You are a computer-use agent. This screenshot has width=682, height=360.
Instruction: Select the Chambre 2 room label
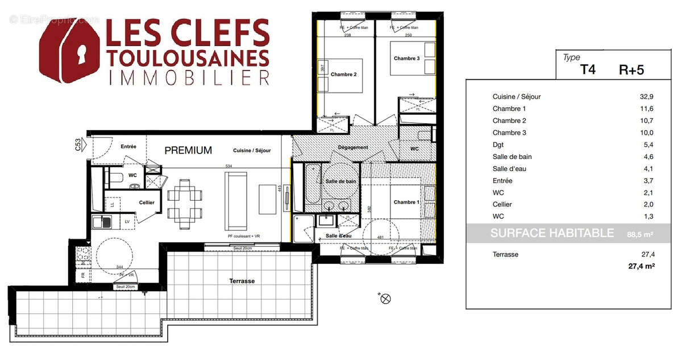click(343, 75)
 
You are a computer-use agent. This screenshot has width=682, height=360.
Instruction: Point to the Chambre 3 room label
click(406, 58)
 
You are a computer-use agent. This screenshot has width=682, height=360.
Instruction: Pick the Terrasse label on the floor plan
click(242, 281)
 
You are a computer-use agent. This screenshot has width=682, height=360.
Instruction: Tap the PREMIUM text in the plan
click(188, 151)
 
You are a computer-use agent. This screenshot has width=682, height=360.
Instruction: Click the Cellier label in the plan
click(147, 202)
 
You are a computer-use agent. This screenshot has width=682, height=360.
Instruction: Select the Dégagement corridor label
click(353, 148)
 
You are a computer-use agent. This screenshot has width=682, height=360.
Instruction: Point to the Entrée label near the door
click(128, 147)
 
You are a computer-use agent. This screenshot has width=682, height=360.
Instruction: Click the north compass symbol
click(385, 297)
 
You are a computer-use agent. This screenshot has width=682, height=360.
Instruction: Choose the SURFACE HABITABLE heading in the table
click(552, 233)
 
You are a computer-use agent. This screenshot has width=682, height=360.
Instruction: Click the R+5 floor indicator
click(631, 70)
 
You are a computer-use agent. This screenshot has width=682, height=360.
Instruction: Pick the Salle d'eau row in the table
click(510, 168)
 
